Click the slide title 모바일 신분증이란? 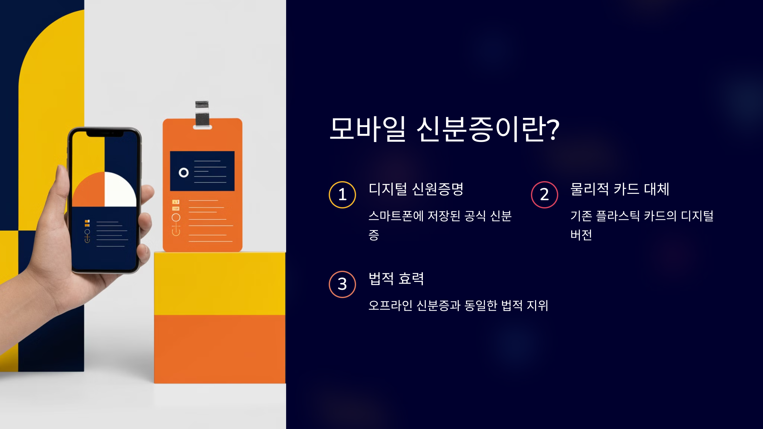point(444,129)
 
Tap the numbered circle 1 point(342,195)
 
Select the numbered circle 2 point(545,195)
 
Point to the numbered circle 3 point(342,284)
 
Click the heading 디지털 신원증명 point(416,189)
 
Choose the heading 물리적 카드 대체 point(620,189)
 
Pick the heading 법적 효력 point(396,279)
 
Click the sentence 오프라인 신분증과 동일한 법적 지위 point(458,306)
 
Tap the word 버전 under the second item point(581,235)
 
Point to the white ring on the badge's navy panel point(184,173)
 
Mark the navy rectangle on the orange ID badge point(202,171)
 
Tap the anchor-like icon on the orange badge point(176,225)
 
